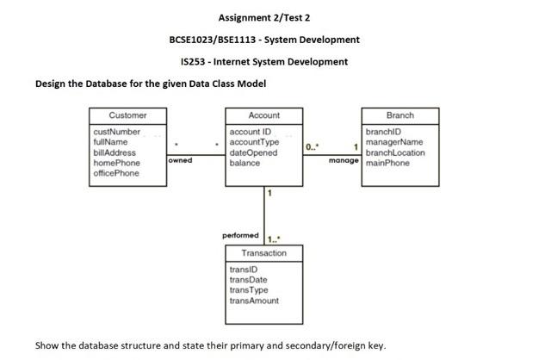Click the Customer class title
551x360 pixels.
(127, 115)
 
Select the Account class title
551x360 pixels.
(263, 115)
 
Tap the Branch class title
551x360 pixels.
(399, 115)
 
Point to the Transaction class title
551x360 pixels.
(264, 253)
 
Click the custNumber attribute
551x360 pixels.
(116, 132)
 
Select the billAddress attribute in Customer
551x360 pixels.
(114, 152)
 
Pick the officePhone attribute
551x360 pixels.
(115, 173)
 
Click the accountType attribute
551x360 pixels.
(255, 142)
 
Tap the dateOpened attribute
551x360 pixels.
(254, 152)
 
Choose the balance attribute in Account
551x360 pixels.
(245, 163)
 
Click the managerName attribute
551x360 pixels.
(394, 142)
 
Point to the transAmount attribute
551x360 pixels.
(254, 301)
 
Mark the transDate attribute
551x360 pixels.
(249, 280)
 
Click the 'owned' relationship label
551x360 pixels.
(181, 160)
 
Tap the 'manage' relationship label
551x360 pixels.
(344, 160)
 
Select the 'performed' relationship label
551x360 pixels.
(240, 234)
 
